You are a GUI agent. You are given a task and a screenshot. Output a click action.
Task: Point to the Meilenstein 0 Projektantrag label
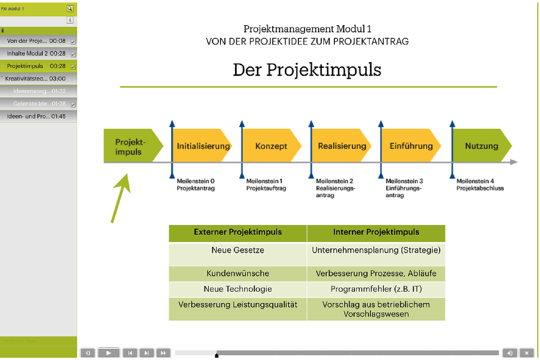click(x=196, y=184)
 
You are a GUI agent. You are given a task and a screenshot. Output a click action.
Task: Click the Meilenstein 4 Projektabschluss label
click(x=480, y=184)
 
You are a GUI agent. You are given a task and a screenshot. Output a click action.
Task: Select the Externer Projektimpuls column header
click(x=238, y=233)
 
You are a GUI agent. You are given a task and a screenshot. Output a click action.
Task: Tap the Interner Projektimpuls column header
click(x=376, y=233)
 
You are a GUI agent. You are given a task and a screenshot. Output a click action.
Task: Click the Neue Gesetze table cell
click(x=238, y=250)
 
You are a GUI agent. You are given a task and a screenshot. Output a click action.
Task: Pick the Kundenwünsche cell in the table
click(x=238, y=273)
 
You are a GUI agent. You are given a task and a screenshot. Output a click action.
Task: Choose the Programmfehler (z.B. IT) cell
click(x=376, y=289)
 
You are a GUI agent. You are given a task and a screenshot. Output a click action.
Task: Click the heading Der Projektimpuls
click(x=307, y=70)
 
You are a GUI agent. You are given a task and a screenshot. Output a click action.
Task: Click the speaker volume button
click(x=509, y=353)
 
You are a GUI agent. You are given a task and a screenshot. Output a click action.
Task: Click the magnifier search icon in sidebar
click(x=69, y=8)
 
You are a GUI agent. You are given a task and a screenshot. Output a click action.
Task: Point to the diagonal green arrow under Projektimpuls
click(x=121, y=198)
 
